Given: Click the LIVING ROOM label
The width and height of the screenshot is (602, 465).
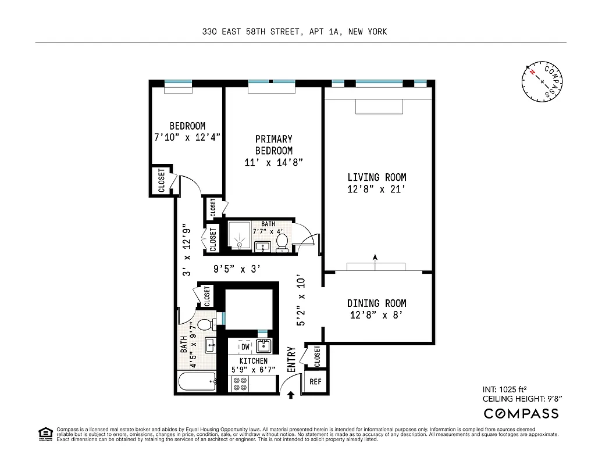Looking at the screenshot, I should coord(376,177).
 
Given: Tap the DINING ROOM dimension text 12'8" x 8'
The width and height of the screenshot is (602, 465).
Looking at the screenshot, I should coord(376,315).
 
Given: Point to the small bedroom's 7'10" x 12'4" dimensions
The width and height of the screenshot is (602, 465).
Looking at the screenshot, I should coord(187,137).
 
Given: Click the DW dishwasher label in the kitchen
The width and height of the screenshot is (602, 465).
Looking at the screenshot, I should coord(245,346).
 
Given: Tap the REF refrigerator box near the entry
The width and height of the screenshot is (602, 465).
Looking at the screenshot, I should coord(315,382).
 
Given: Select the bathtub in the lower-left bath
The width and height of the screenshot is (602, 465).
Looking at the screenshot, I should coord(196,382).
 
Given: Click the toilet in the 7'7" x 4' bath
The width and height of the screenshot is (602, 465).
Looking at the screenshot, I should coord(282,242).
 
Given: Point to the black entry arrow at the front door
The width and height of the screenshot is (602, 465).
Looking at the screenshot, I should coord(291,395).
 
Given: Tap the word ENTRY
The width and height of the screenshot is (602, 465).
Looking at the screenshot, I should coord(291,360).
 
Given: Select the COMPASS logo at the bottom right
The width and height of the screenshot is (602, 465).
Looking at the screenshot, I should coord(521,413).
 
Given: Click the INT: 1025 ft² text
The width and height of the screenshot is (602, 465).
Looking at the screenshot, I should coord(505,389).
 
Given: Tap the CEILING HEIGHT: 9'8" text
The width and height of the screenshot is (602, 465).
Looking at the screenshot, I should coord(522,399).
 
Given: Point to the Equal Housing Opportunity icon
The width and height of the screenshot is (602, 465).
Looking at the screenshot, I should coord(45,432).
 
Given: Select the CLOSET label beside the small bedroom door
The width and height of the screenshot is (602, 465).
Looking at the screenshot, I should coord(162,181).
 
